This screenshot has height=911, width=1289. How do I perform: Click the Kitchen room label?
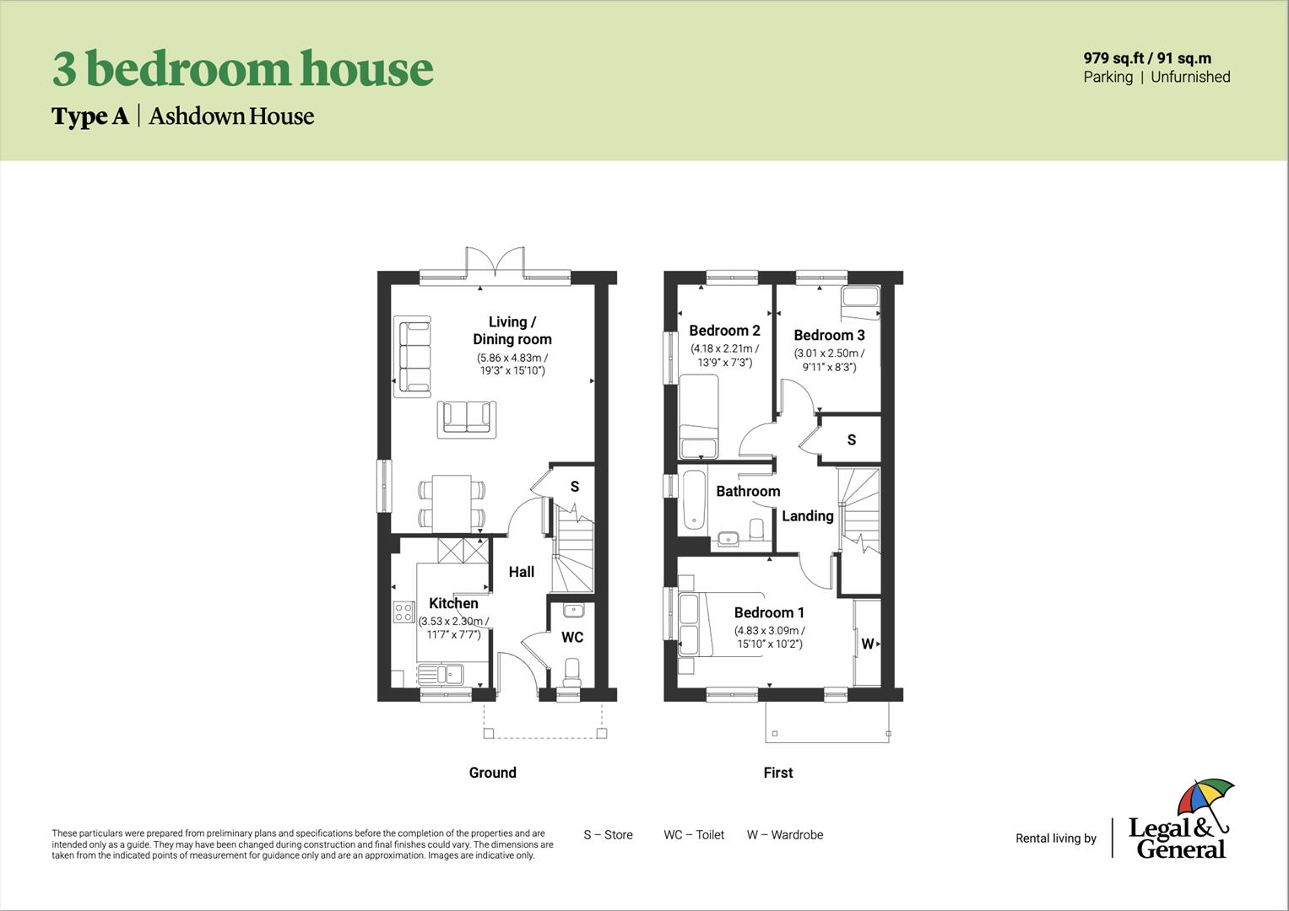tap(453, 603)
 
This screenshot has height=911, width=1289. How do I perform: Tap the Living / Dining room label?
tap(512, 331)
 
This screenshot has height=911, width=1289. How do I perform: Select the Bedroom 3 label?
tap(829, 335)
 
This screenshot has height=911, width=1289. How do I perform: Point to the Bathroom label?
tap(748, 491)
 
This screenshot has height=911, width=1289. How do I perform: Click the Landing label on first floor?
tap(807, 515)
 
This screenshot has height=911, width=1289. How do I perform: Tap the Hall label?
tap(521, 572)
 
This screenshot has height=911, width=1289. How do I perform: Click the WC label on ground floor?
tap(572, 637)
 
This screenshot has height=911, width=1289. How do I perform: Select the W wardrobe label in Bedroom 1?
tap(867, 644)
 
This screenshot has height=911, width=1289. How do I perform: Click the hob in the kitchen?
tap(403, 612)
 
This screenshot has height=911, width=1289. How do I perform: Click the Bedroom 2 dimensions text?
tap(724, 355)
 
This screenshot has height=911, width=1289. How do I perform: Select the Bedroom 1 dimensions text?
tap(769, 637)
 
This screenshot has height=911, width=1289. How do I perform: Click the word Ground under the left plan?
tap(492, 773)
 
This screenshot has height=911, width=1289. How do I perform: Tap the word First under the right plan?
tap(777, 773)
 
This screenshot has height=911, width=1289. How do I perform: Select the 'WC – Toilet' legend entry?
tap(693, 835)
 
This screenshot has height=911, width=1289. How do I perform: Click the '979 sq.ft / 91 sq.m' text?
tap(1146, 58)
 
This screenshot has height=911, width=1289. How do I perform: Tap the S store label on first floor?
tap(851, 439)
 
